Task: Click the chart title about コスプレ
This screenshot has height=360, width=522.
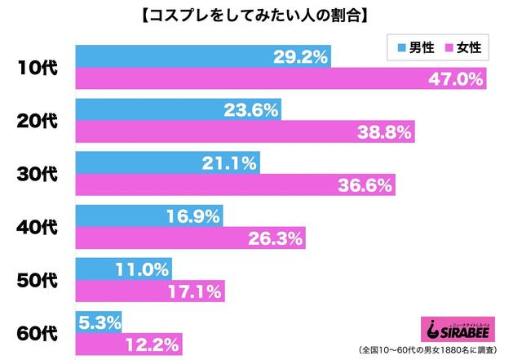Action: (x=261, y=15)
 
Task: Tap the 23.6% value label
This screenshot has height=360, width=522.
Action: (x=257, y=110)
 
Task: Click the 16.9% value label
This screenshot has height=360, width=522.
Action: (x=197, y=216)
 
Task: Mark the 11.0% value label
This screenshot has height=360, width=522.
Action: (x=149, y=269)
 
